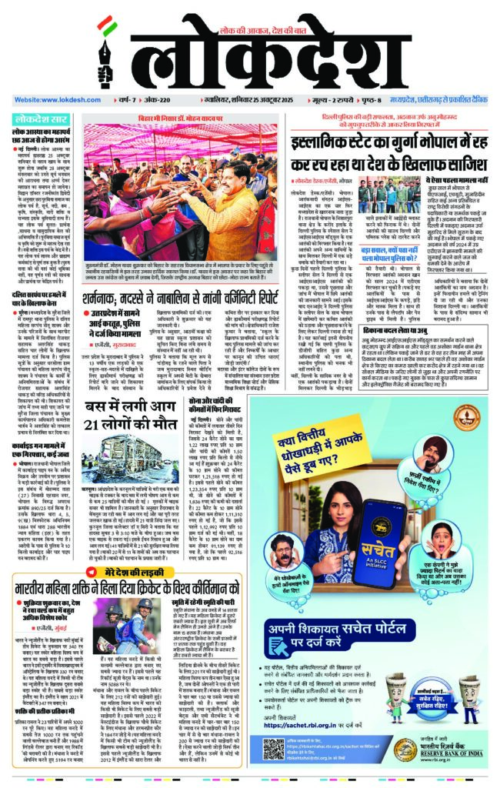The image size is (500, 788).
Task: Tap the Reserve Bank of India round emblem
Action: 402,750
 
